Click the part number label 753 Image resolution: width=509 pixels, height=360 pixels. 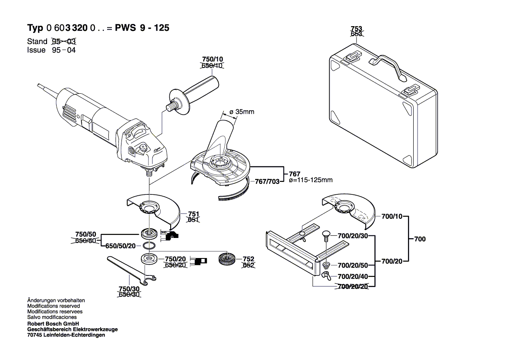(x=356, y=29)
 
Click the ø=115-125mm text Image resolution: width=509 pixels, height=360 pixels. (x=310, y=180)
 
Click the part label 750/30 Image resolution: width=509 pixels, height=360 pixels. (x=129, y=289)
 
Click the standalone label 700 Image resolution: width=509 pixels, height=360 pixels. (x=420, y=239)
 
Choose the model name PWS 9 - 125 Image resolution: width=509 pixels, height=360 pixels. (x=142, y=28)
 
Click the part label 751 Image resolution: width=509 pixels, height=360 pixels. (x=193, y=214)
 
